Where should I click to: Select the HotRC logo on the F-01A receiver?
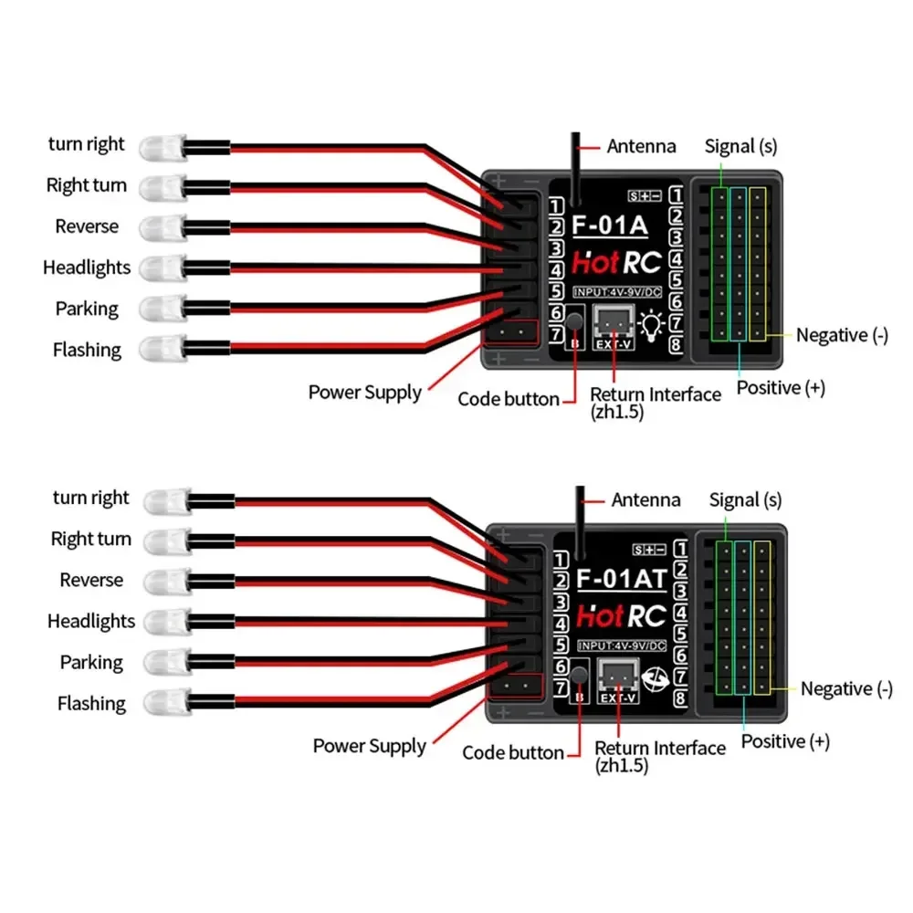[x=615, y=263]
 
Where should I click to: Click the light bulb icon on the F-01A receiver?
[x=653, y=326]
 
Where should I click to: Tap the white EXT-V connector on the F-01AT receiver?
[x=616, y=677]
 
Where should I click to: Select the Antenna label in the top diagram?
[x=642, y=146]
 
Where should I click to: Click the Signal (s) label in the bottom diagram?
[x=746, y=499]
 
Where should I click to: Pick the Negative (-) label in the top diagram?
[x=841, y=335]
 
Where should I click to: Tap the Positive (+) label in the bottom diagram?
[x=785, y=741]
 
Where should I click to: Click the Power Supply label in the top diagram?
[x=364, y=393]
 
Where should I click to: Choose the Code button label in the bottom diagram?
[x=513, y=753]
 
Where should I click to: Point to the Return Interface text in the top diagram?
[x=655, y=394]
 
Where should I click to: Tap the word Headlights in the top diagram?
[x=87, y=268]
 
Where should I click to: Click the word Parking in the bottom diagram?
[x=91, y=662]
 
